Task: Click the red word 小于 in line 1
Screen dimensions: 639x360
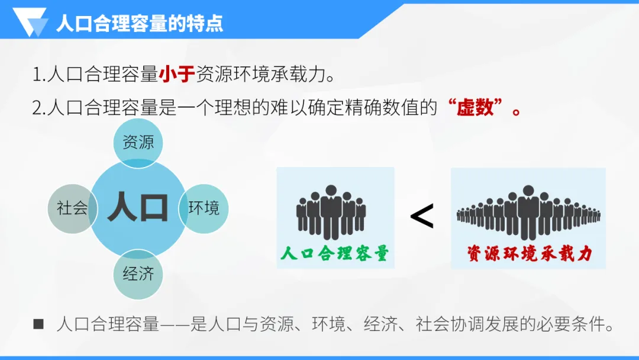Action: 177,75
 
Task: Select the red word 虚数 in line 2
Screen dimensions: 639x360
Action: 476,108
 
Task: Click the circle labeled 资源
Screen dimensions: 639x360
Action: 138,143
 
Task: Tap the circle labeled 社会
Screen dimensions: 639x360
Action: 72,208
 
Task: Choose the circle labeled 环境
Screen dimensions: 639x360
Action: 204,208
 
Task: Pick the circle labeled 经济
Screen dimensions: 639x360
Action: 138,274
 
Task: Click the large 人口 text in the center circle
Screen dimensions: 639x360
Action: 138,207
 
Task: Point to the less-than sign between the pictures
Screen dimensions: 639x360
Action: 422,216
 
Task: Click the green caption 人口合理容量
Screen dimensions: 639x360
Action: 335,253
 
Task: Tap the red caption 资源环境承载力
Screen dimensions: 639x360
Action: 528,253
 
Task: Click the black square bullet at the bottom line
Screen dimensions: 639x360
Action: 38,324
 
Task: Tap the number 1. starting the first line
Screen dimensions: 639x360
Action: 39,76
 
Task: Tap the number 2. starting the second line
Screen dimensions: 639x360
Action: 40,108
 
